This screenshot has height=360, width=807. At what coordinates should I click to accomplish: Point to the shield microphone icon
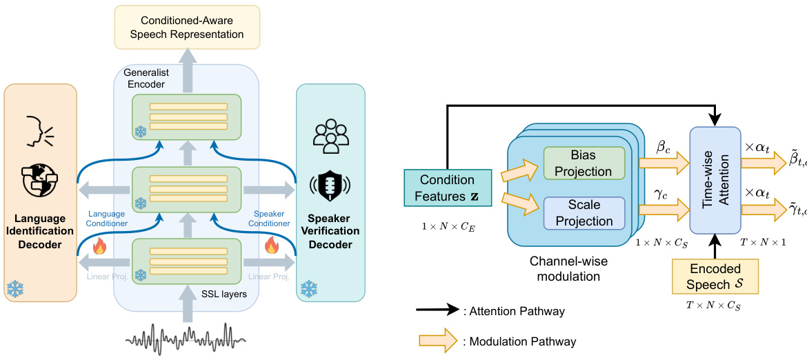coord(330,184)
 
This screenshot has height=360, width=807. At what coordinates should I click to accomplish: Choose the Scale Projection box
coord(584,214)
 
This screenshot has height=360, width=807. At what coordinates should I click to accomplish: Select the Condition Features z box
coord(448,188)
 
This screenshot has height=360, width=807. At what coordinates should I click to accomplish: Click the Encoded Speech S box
coord(715,276)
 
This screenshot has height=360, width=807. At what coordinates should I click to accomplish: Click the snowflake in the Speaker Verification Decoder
coord(308,288)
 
